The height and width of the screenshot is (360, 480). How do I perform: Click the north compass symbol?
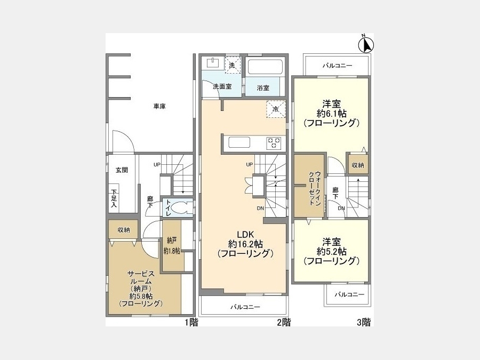(x=366, y=44)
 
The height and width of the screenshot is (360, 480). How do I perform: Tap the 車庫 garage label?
(x=159, y=107)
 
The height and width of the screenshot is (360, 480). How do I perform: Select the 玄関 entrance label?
(x=122, y=170)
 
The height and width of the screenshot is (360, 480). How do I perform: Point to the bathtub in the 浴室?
(x=265, y=67)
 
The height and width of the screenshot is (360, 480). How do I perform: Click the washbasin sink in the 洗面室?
(x=213, y=63)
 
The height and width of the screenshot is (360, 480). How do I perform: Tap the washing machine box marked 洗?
(x=233, y=65)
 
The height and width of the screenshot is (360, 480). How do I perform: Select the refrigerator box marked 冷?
(x=276, y=109)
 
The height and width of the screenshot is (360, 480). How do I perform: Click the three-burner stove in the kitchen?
(x=274, y=143)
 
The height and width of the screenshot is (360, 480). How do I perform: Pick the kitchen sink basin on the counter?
(x=239, y=142)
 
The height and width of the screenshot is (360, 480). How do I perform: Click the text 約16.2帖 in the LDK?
(x=245, y=244)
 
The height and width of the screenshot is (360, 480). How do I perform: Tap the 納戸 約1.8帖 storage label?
(x=172, y=245)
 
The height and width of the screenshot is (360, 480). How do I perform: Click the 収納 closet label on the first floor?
(x=124, y=229)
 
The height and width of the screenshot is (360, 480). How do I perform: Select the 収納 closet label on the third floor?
(x=357, y=165)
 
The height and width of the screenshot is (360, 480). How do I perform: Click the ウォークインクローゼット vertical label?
(x=314, y=187)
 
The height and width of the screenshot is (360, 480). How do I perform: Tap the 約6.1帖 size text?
(x=332, y=114)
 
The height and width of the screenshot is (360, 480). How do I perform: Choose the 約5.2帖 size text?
(x=332, y=252)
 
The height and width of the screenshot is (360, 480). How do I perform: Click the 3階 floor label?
(x=364, y=322)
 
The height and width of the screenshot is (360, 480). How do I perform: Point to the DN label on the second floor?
(x=260, y=209)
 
